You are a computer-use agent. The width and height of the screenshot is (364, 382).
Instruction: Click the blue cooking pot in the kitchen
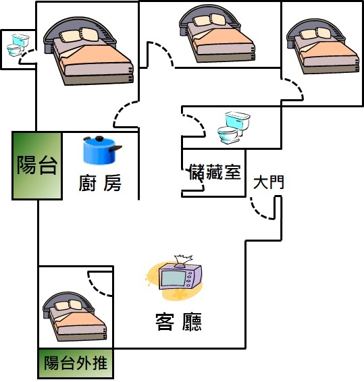coord(102,151)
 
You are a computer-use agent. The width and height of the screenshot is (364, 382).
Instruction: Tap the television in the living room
coord(180,276)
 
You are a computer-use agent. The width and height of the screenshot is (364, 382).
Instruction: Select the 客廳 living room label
coord(179,322)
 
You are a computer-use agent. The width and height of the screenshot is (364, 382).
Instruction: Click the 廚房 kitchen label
coord(100,183)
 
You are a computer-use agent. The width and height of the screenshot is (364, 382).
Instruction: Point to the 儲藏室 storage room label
coord(215,171)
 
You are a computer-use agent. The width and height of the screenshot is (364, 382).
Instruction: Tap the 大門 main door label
coord(269,182)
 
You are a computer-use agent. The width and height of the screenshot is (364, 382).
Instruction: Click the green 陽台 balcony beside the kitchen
coord(37,165)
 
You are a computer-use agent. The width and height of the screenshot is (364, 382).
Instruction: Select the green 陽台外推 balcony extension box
coord(76,363)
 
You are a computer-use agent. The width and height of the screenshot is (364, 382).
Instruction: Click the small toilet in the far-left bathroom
coord(18,45)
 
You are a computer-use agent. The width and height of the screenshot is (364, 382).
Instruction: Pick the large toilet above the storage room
coord(234,128)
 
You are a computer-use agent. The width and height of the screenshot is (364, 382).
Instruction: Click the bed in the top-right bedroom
coord(323,47)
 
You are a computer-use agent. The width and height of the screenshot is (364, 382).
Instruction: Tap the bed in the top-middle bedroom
coord(217,34)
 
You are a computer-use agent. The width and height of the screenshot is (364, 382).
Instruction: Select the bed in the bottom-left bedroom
coord(74,317)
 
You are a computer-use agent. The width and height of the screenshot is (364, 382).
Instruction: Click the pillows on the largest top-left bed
coord(79,35)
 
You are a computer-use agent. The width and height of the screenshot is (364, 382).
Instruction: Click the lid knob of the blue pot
coord(99,139)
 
